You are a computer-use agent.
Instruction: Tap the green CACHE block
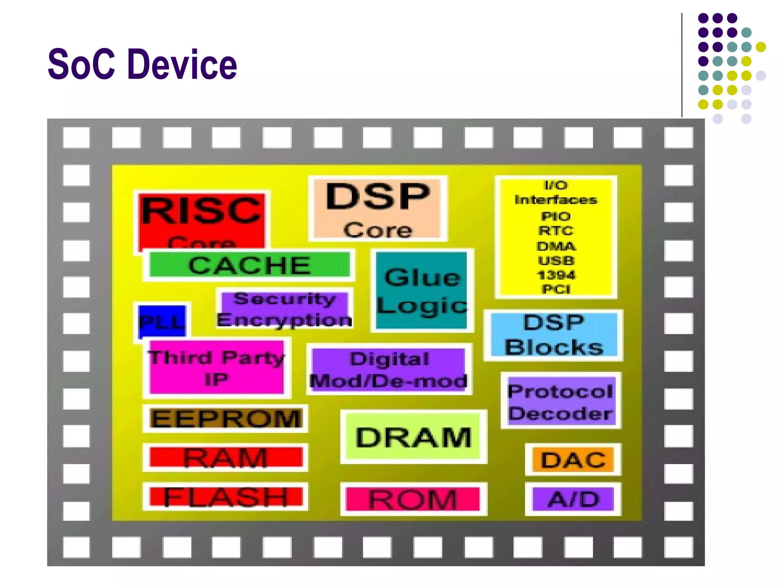(x=249, y=264)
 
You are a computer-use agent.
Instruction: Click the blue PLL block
(x=162, y=321)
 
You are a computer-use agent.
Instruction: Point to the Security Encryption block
(x=284, y=309)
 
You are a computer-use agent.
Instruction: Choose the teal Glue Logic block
(x=421, y=290)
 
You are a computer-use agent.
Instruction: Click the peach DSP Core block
(x=377, y=208)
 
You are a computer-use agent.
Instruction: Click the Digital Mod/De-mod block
(x=389, y=370)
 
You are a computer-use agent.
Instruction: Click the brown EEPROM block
(x=226, y=418)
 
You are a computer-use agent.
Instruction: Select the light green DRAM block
(x=413, y=436)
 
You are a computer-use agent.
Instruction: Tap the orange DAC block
(x=573, y=459)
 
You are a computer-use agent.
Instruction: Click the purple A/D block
(x=573, y=499)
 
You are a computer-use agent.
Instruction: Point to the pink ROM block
(x=413, y=499)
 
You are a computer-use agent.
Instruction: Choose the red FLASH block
(x=226, y=496)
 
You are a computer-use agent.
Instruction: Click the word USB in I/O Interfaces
(x=556, y=261)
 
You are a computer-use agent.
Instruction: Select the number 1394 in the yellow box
(x=556, y=275)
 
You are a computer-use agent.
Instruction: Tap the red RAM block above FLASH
(x=226, y=457)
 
